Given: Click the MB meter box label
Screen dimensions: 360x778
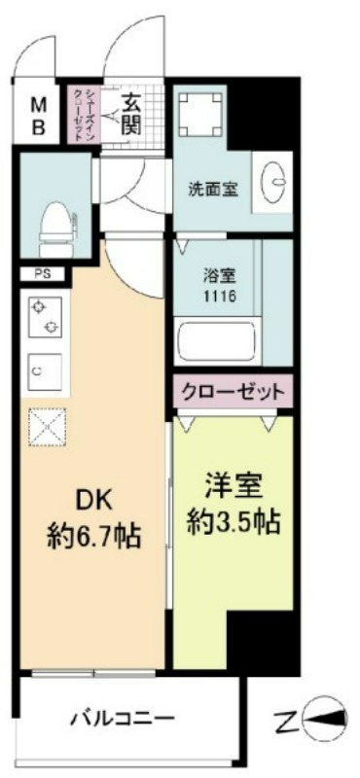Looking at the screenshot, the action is point(39,116).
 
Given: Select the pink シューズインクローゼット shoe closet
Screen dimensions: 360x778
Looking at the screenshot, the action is point(84,114).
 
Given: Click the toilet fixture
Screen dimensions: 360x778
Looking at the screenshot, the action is point(57,229).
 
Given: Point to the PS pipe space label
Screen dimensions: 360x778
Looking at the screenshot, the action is point(42,273).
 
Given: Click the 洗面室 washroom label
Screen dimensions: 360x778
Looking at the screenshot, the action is point(212,189).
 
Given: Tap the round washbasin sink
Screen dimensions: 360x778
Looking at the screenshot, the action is point(272,182).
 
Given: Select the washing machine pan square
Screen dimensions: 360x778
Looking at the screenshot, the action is point(200,113).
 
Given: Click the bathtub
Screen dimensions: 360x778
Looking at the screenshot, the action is point(218,342).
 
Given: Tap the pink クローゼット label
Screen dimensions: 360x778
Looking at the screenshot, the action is point(233,392).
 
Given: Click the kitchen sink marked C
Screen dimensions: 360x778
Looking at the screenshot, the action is point(45,371).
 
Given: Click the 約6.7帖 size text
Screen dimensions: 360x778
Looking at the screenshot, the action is point(93,536).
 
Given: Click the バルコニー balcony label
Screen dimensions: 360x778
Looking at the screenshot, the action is point(122,717).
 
